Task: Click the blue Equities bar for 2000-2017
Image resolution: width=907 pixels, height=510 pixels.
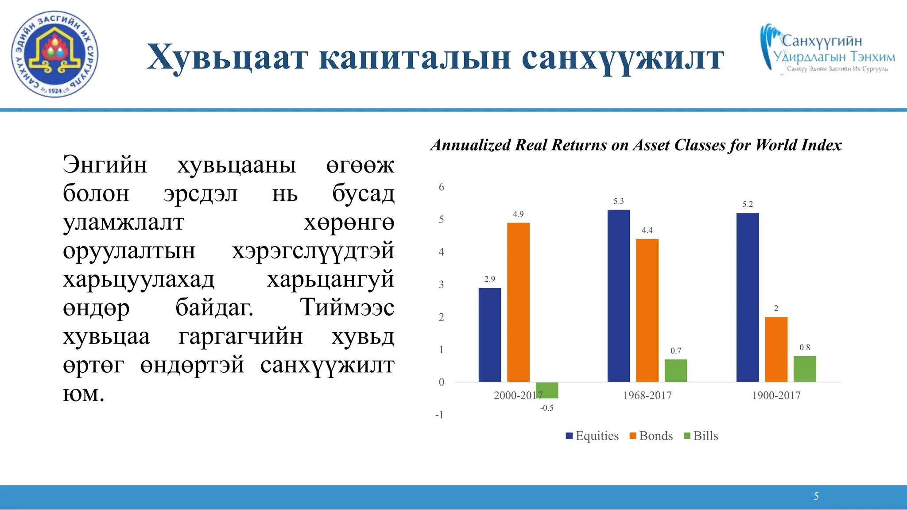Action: coord(489,335)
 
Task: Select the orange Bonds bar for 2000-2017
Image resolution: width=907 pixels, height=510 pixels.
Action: coord(518,302)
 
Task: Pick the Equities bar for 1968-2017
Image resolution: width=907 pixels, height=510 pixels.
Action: coord(618,296)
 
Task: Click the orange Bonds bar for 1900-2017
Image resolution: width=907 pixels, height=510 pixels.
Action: coord(776,349)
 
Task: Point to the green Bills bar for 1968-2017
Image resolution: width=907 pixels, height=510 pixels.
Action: coord(676,371)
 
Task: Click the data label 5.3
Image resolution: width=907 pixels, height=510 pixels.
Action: coord(618,201)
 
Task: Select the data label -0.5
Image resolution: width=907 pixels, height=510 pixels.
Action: coord(547,408)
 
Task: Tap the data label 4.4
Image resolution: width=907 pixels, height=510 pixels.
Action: coord(647,230)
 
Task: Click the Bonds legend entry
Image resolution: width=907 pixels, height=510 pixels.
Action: coord(651,436)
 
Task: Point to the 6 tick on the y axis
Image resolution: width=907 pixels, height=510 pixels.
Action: coord(441,187)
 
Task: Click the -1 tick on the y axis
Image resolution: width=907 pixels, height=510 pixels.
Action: coord(439,415)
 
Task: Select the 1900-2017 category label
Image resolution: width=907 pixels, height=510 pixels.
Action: coord(776,395)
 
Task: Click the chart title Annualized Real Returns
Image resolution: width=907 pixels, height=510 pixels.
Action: coord(636,145)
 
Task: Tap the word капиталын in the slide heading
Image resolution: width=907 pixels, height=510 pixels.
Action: coord(415,58)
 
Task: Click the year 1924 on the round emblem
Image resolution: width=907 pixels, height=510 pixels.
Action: coord(54,91)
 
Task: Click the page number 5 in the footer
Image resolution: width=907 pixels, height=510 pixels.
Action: coord(816,496)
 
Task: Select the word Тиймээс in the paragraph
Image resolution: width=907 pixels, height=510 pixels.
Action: coord(347,307)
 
